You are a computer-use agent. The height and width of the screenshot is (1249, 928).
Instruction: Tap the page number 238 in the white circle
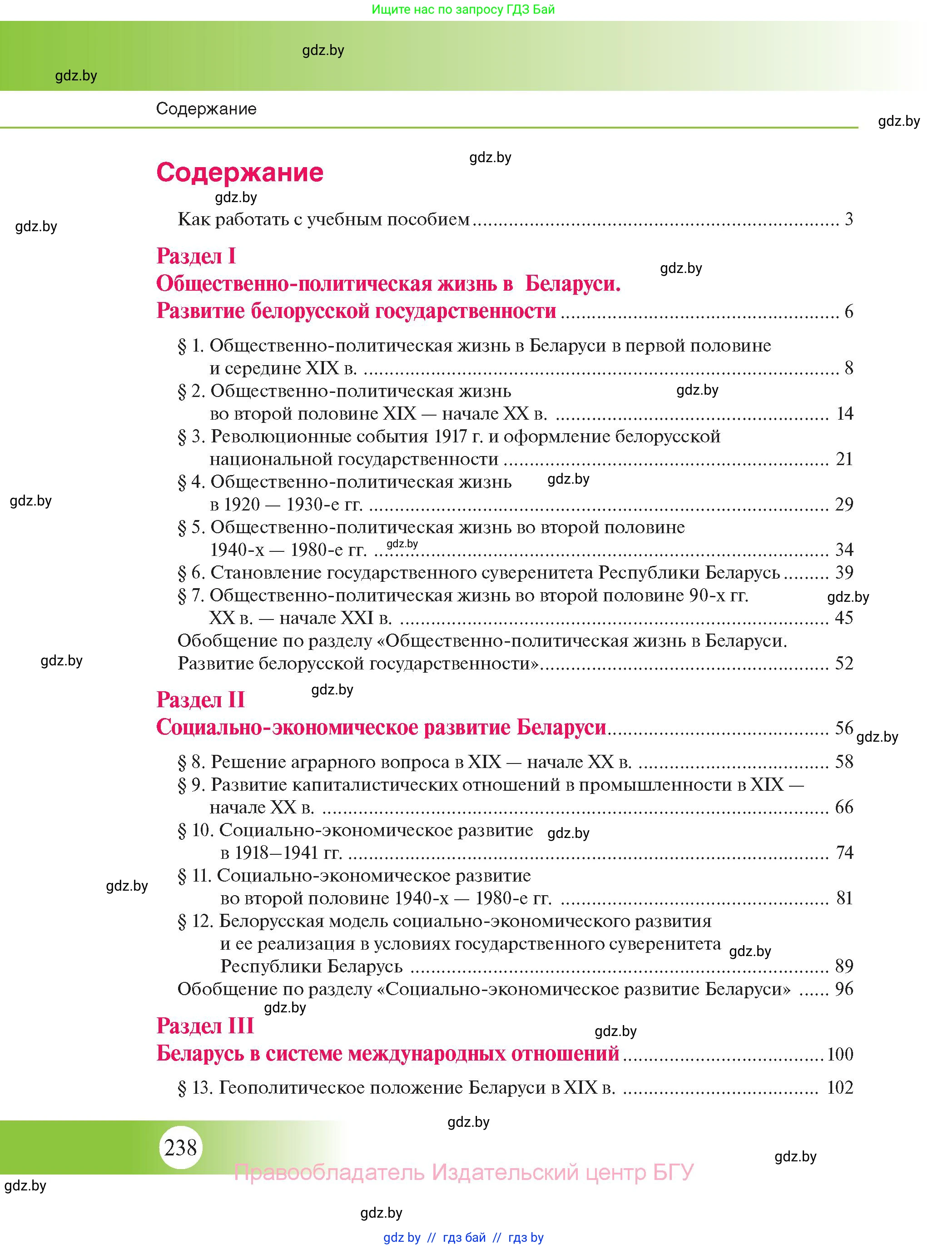click(x=180, y=1147)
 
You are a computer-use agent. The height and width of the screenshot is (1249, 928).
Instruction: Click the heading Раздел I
click(x=196, y=256)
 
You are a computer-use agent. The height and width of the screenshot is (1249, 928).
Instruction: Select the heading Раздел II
click(x=200, y=700)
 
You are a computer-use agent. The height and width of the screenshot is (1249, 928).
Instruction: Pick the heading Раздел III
click(x=205, y=1026)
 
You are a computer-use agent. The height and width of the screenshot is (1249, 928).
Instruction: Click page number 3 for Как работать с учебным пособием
click(x=848, y=219)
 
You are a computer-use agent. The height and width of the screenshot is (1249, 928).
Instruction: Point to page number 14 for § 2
click(x=844, y=414)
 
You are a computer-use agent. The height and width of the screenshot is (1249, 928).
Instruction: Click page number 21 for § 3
click(x=844, y=459)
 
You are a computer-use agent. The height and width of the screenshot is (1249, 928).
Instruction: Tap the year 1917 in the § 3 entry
click(x=454, y=436)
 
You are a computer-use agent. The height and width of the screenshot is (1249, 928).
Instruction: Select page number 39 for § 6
click(x=844, y=572)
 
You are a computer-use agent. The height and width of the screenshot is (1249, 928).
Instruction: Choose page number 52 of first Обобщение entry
click(x=844, y=663)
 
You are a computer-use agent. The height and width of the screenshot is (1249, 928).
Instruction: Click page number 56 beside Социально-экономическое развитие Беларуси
click(x=844, y=728)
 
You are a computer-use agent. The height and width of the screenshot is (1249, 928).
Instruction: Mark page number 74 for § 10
click(x=844, y=852)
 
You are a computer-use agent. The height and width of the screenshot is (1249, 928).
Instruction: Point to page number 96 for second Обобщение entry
click(x=844, y=989)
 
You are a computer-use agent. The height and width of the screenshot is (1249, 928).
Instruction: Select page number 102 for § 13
click(x=840, y=1088)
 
